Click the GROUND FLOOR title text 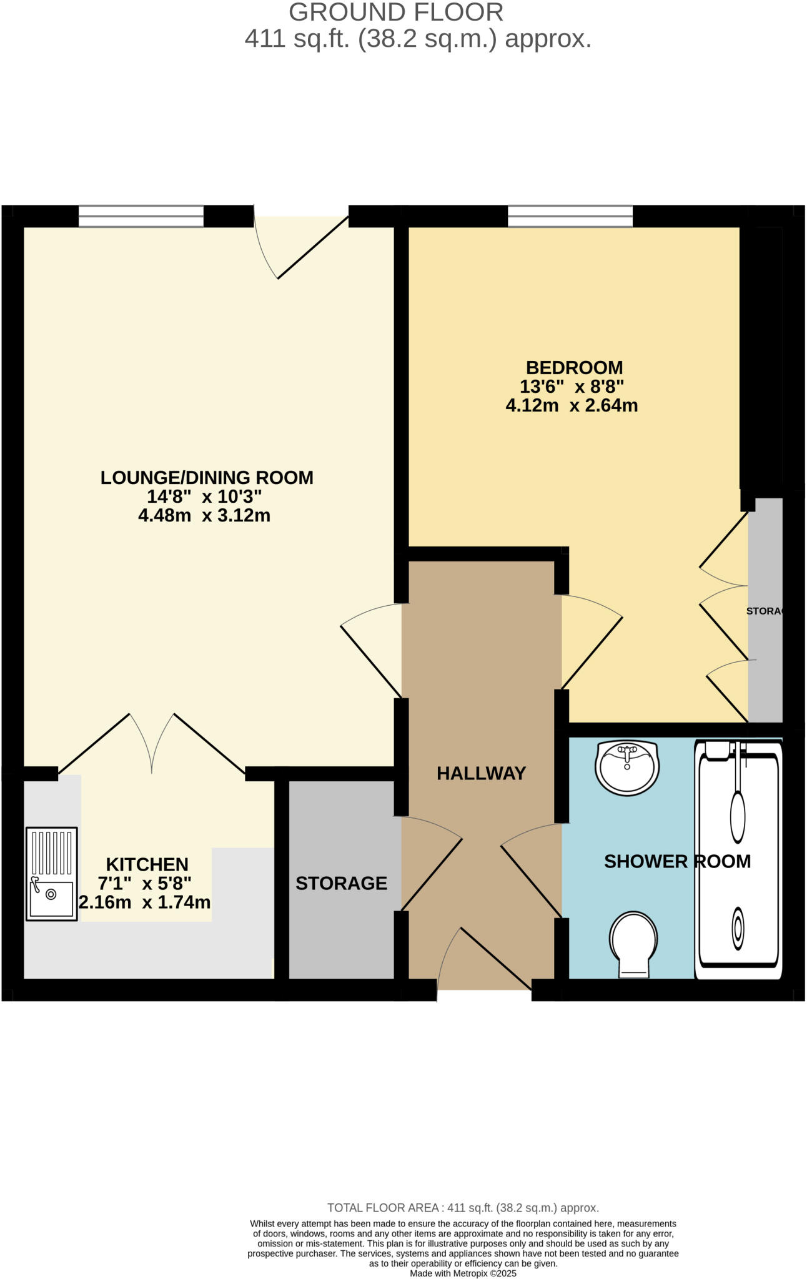point(396,12)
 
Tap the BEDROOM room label point(574,367)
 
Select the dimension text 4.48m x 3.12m point(204,516)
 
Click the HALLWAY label point(481,773)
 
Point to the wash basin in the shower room point(626,768)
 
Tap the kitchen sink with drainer point(52,874)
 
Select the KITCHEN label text point(147,864)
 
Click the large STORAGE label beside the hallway point(341,883)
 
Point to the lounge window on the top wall point(141,216)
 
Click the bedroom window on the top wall point(570,216)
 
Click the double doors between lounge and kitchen point(152,743)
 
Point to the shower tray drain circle point(738,929)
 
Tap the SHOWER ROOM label point(677,861)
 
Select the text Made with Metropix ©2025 point(463,1273)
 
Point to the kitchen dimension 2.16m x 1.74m point(144,902)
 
